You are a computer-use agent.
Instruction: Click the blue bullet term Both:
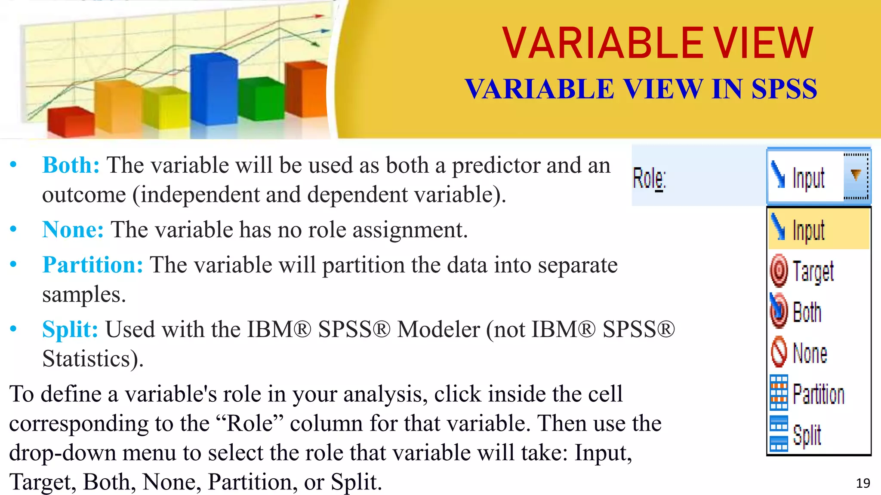pos(71,165)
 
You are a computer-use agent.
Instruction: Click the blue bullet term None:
pos(73,230)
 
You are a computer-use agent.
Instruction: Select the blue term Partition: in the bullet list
pos(92,265)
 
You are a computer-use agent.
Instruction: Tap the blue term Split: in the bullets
pos(70,330)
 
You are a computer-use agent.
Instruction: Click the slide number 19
pos(863,483)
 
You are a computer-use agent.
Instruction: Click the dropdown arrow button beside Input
pos(856,176)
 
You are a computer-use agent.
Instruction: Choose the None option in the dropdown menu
pos(810,354)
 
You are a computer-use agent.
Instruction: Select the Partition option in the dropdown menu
pos(818,394)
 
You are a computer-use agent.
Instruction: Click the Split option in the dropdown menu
pos(807,435)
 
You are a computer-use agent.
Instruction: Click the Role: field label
pos(649,178)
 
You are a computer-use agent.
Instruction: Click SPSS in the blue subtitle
pos(784,89)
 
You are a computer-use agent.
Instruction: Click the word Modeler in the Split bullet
pos(438,330)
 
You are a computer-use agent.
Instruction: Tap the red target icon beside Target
pos(779,271)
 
